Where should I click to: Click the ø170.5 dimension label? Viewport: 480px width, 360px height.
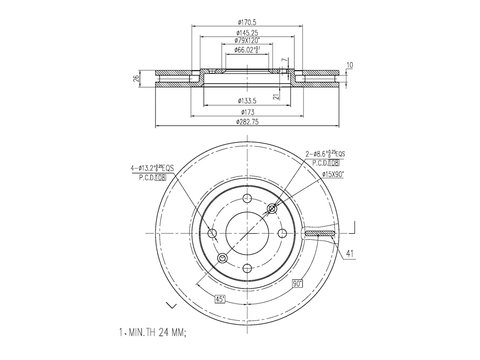pos(247,22)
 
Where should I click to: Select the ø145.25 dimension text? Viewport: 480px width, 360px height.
pos(247,33)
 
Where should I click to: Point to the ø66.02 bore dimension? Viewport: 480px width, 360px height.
pos(247,50)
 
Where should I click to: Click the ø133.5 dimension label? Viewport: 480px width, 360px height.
pos(247,101)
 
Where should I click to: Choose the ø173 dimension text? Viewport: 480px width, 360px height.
pos(247,112)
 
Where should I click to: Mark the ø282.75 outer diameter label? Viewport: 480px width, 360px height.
pos(247,122)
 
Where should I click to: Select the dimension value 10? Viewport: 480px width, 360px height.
pos(349,65)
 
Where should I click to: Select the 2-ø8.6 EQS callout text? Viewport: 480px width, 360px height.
pos(325,154)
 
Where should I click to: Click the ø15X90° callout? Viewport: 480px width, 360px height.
pos(333,174)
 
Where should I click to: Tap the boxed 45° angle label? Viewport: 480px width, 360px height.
pos(220,299)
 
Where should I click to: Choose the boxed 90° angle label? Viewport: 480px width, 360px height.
pos(297,283)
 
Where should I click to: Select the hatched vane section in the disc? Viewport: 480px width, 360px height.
pos(320,233)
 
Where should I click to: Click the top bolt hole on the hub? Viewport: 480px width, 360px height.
pos(247,198)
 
